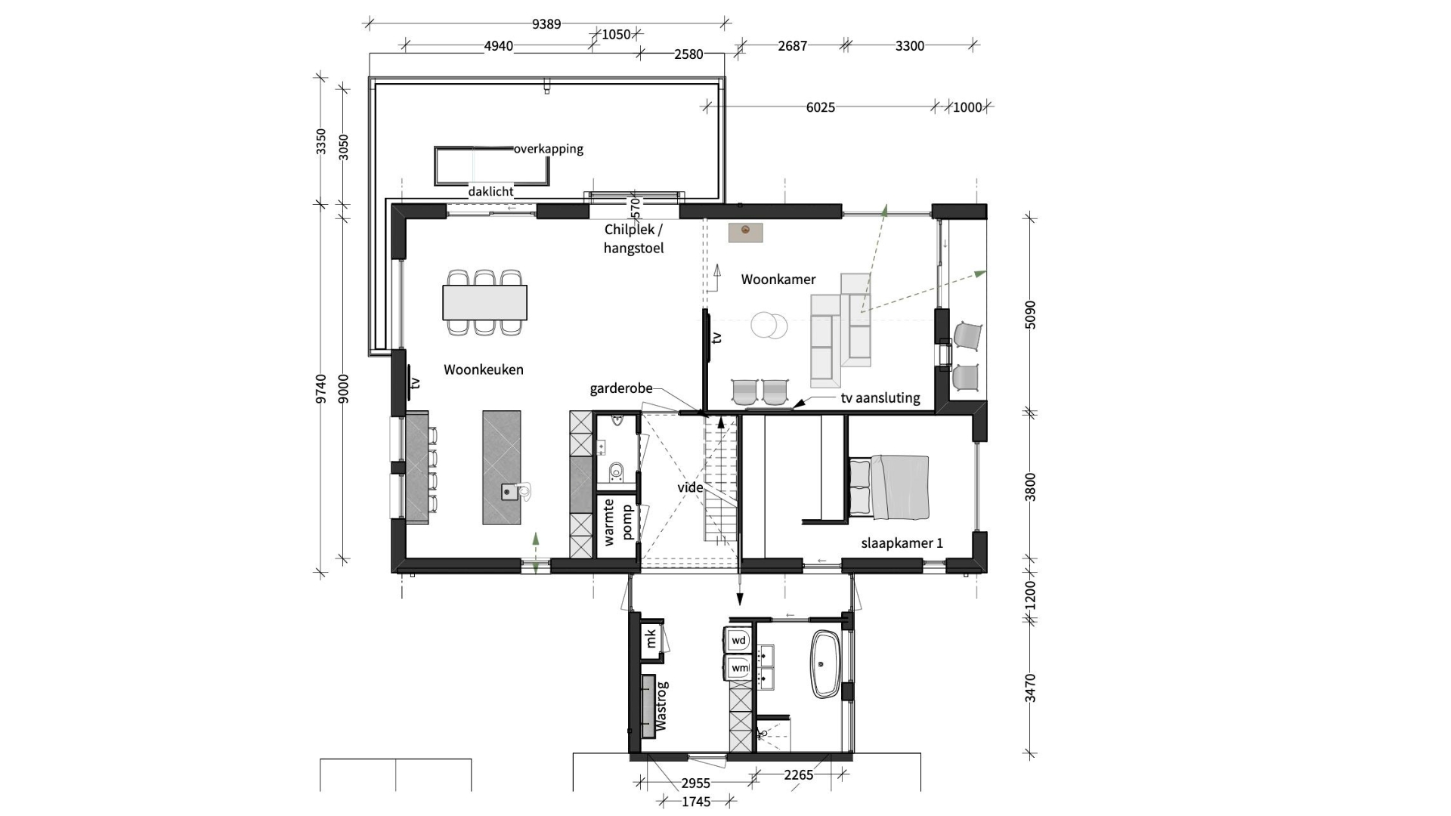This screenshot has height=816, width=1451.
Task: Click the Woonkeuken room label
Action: pyautogui.click(x=483, y=369)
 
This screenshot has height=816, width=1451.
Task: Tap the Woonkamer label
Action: pyautogui.click(x=778, y=280)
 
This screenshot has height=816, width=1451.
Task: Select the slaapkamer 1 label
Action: pyautogui.click(x=902, y=543)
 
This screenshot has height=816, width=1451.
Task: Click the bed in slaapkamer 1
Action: pyautogui.click(x=889, y=487)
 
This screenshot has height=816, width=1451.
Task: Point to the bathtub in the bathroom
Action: pyautogui.click(x=825, y=664)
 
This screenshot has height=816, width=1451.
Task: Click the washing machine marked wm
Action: pyautogui.click(x=739, y=668)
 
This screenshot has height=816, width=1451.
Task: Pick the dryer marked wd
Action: pyautogui.click(x=738, y=641)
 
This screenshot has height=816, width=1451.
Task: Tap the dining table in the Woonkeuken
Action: pyautogui.click(x=484, y=302)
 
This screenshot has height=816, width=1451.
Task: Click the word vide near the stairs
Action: pyautogui.click(x=690, y=487)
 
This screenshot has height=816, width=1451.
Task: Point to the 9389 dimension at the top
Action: pyautogui.click(x=546, y=24)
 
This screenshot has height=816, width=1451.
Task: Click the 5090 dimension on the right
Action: pyautogui.click(x=1030, y=314)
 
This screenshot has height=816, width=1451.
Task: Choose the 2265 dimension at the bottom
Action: pyautogui.click(x=798, y=774)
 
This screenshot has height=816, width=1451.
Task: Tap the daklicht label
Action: pyautogui.click(x=490, y=192)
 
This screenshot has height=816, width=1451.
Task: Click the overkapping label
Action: pyautogui.click(x=549, y=149)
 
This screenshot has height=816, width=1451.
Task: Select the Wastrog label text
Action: pyautogui.click(x=661, y=706)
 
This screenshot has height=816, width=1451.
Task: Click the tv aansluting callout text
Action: pyautogui.click(x=880, y=398)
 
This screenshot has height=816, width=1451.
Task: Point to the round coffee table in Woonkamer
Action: pyautogui.click(x=769, y=326)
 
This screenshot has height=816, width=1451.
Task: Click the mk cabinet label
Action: pyautogui.click(x=651, y=639)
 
